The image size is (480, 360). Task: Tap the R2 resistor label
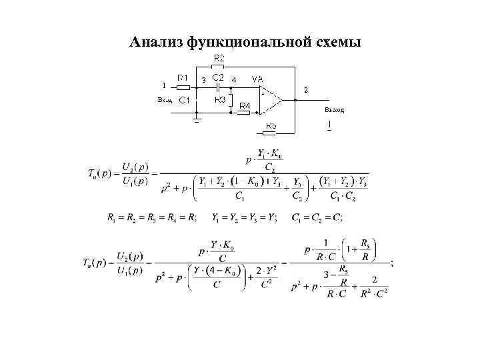point(219,59)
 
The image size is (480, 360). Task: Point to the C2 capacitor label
point(218,77)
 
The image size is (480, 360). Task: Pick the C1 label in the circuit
point(185,100)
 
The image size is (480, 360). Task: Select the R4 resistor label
point(245,106)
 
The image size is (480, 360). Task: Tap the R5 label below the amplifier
point(271,125)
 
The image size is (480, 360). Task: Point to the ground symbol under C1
point(197,121)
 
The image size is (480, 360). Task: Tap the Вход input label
point(165,100)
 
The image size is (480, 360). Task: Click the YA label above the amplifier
point(257,79)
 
